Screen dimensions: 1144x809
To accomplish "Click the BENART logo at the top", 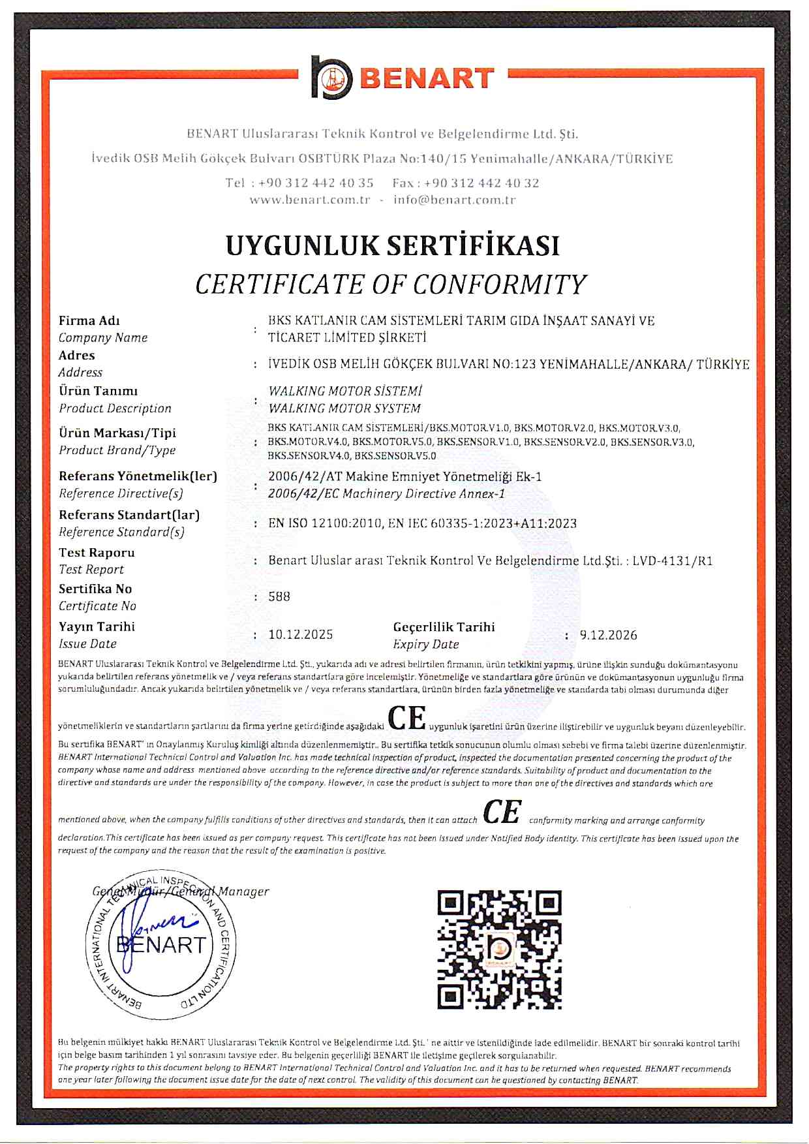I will (403, 78).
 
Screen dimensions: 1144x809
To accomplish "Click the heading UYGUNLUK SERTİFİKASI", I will (393, 246).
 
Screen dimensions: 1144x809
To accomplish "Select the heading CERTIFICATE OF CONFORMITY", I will (391, 285).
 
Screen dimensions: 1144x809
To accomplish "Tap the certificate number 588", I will (279, 596).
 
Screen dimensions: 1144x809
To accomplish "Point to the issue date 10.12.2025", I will (301, 634).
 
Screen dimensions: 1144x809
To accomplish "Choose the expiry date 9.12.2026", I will (608, 635).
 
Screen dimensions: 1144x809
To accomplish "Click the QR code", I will (499, 950).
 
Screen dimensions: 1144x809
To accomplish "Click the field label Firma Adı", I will (89, 320).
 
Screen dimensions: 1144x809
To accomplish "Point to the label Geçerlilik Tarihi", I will (444, 627).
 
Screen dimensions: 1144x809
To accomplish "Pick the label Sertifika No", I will (95, 589).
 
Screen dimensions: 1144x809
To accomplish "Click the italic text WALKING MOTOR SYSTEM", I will (344, 409).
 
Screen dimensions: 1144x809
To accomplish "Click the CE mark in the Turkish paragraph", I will (407, 718).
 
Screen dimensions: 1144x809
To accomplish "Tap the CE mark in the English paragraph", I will (502, 812).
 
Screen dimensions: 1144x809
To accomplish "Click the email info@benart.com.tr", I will (454, 200).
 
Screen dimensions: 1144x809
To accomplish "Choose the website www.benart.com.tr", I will (310, 200).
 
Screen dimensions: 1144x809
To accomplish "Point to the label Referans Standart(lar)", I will (129, 515).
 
